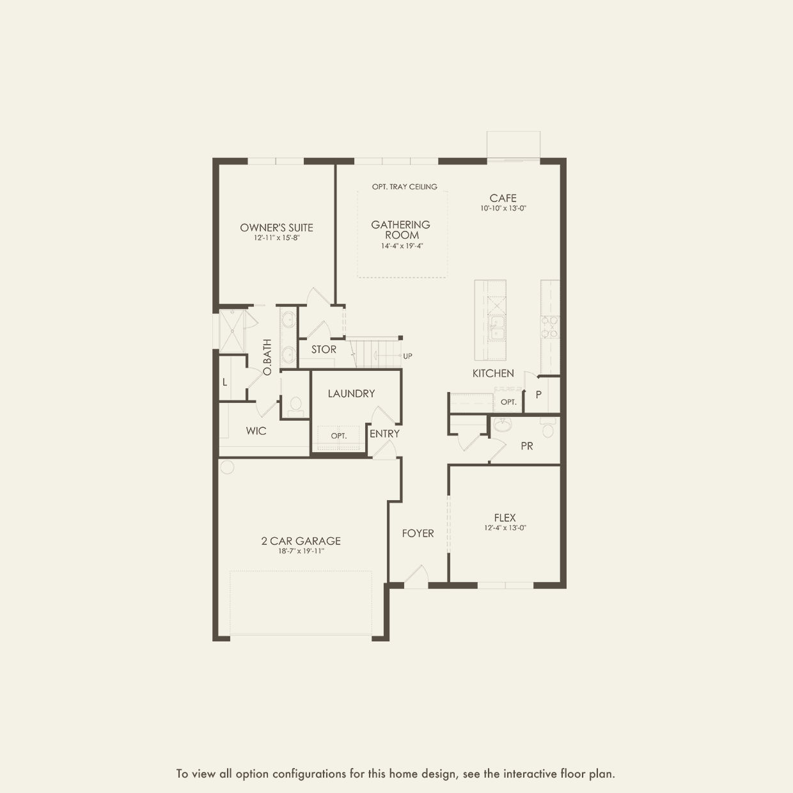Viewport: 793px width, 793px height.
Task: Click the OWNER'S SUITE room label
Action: tap(276, 228)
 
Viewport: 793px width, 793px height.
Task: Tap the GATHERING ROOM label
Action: tap(401, 230)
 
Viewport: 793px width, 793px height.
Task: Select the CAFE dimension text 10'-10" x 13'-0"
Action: tap(503, 208)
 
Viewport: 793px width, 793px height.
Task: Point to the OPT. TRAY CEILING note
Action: tap(405, 187)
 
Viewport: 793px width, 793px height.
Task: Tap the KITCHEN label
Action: tap(493, 373)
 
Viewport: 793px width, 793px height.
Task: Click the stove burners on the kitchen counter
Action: tap(550, 327)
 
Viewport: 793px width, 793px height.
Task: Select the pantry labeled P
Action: tap(538, 395)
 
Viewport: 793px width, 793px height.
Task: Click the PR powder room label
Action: tap(527, 446)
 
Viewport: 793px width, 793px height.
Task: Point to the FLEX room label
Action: tap(505, 517)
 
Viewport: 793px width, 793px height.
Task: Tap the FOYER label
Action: tap(418, 533)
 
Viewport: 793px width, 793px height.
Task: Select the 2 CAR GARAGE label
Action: tap(301, 541)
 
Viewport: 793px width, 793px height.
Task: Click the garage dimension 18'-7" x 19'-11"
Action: tap(301, 551)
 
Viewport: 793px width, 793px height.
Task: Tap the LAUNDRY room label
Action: tap(351, 394)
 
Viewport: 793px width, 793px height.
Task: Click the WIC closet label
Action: tap(256, 431)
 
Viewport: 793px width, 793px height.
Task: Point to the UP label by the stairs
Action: tap(407, 356)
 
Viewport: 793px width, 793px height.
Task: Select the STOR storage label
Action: tap(324, 350)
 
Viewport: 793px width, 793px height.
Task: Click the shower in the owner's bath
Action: tap(232, 329)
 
